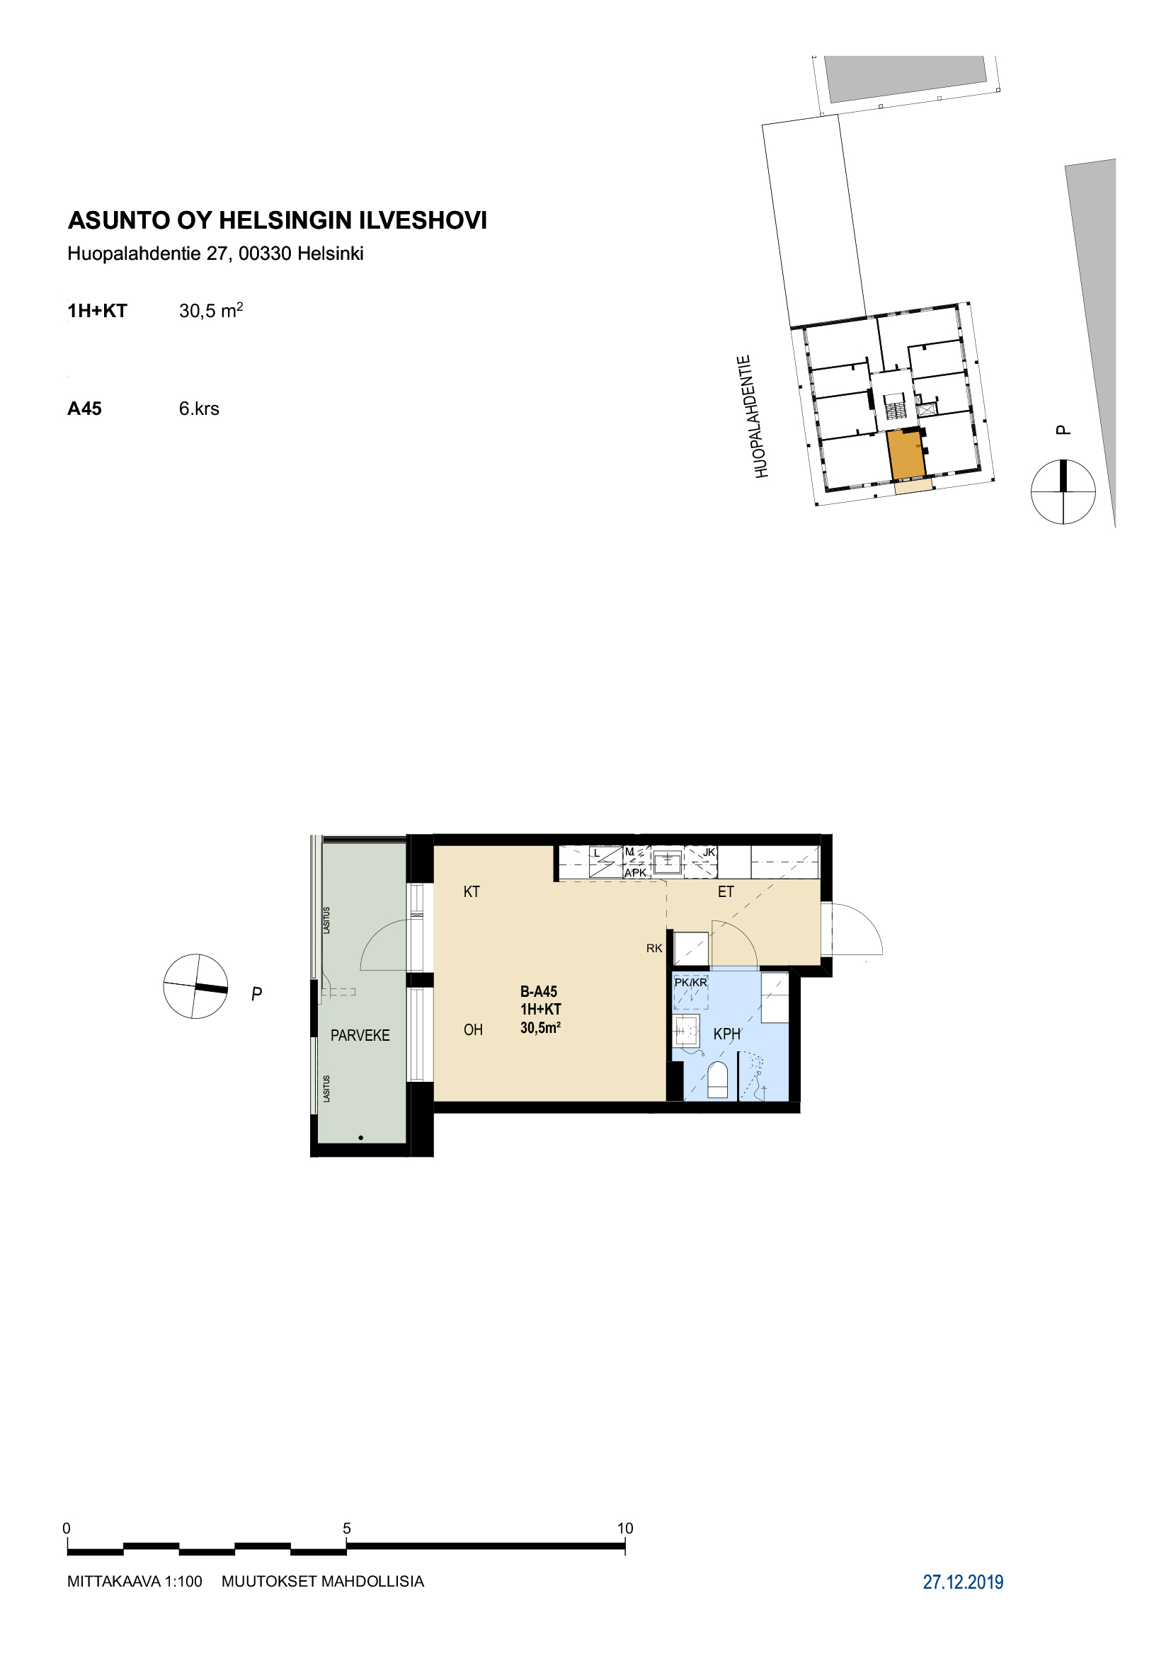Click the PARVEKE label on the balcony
pyautogui.click(x=360, y=1036)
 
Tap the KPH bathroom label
pyautogui.click(x=727, y=1034)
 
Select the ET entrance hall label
pyautogui.click(x=726, y=892)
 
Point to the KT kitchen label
pyautogui.click(x=472, y=892)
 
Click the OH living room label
pyautogui.click(x=473, y=1030)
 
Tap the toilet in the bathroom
pyautogui.click(x=717, y=1080)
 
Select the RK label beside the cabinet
pyautogui.click(x=654, y=949)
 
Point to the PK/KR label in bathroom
pyautogui.click(x=691, y=983)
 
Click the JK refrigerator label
pyautogui.click(x=709, y=852)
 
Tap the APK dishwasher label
pyautogui.click(x=635, y=873)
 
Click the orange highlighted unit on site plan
pyautogui.click(x=906, y=455)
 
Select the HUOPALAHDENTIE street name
pyautogui.click(x=753, y=416)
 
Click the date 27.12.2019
pyautogui.click(x=963, y=1582)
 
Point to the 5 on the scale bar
pyautogui.click(x=347, y=1528)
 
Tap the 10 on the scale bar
pyautogui.click(x=625, y=1528)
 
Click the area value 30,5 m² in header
pyautogui.click(x=210, y=310)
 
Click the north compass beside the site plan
pyautogui.click(x=1063, y=491)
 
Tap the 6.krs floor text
pyautogui.click(x=199, y=409)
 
